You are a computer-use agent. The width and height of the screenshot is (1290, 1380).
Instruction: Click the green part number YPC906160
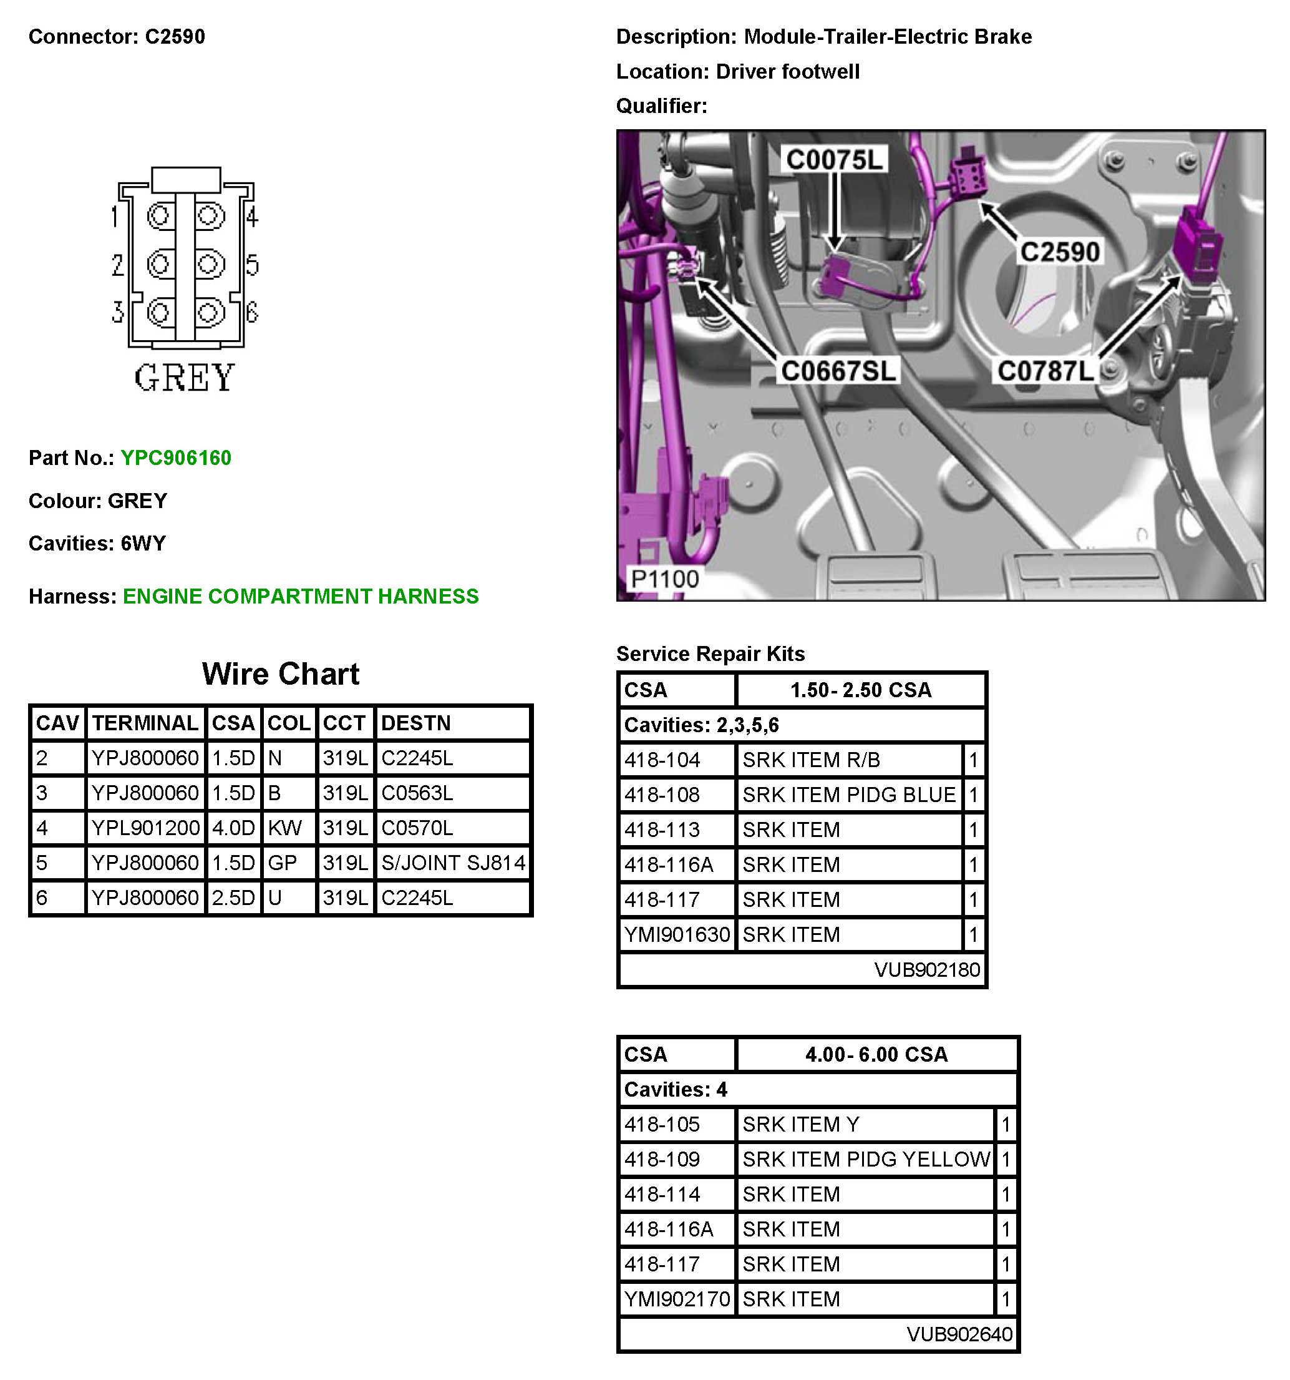175,458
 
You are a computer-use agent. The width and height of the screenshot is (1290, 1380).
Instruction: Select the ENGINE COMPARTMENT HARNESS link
301,596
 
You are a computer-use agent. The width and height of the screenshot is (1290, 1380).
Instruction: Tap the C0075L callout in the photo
833,160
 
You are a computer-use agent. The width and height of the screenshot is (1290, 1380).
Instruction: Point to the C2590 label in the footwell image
1060,252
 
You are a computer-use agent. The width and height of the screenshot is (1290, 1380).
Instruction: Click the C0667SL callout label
838,371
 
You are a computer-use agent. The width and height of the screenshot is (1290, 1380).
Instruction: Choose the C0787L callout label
1045,371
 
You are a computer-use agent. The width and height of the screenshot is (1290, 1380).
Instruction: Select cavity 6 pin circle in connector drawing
208,312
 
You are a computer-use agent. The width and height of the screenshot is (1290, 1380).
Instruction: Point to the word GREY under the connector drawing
185,378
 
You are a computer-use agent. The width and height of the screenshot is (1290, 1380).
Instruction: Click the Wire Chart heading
280,674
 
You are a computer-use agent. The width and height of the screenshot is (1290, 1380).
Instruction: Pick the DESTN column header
415,723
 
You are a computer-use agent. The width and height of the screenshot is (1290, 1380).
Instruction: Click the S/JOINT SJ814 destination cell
453,863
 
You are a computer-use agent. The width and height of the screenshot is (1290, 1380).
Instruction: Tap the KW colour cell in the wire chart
285,828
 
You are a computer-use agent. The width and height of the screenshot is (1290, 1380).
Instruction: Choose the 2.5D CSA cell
233,898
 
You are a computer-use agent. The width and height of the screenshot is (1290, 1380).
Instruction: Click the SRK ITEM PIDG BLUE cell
848,795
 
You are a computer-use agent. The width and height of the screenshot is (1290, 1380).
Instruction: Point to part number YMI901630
677,935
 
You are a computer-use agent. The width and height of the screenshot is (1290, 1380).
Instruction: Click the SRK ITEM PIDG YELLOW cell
865,1159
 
